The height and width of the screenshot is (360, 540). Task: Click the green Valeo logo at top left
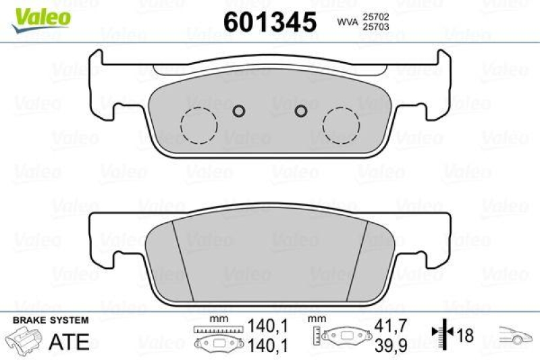point(41,16)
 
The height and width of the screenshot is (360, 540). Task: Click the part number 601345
point(269,22)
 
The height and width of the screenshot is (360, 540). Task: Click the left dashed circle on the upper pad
point(198,125)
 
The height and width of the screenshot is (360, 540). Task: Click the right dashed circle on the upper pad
point(341,125)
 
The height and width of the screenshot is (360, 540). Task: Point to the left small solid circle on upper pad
point(238,111)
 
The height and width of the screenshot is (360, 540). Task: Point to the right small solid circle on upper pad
point(302,111)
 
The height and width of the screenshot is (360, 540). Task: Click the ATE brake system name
point(70,342)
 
